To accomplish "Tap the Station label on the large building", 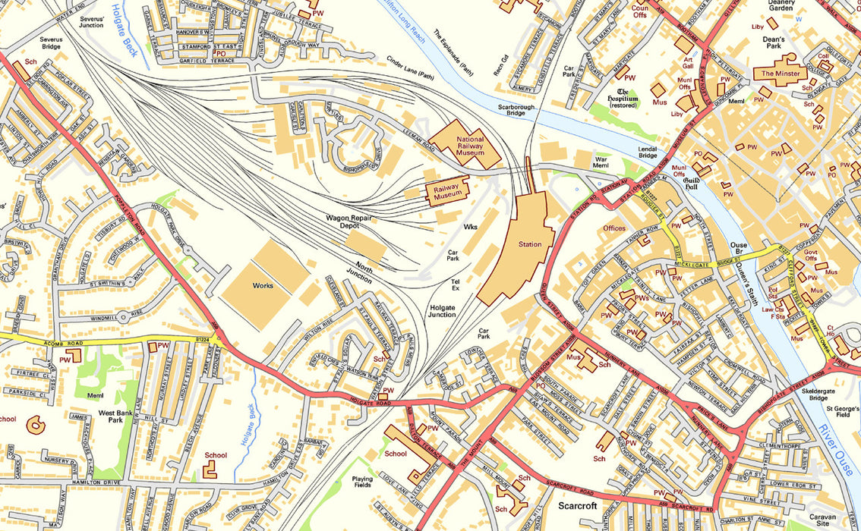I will click(530, 244).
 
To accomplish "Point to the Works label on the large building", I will click(263, 285).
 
